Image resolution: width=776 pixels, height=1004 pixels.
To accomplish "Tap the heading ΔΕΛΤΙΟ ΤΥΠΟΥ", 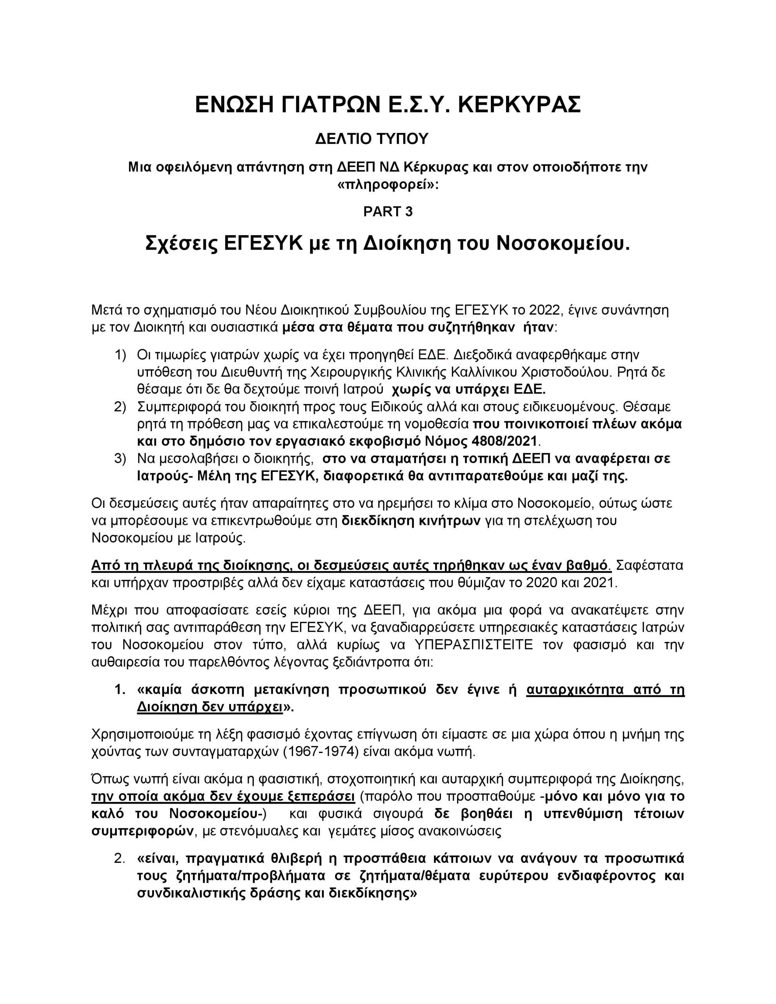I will click(372, 139).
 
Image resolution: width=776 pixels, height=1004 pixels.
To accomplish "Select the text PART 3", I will click(388, 211).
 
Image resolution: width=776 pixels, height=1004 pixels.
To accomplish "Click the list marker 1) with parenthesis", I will click(120, 355).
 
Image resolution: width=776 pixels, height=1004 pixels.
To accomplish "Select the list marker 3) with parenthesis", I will click(120, 459).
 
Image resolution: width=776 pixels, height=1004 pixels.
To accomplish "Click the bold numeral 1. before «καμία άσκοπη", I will click(120, 690).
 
